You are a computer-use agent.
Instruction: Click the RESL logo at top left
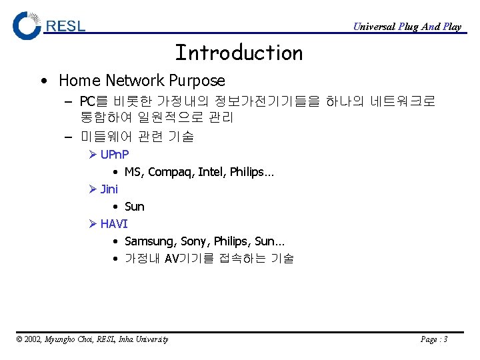coord(49,25)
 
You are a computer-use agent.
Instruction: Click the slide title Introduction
coord(239,53)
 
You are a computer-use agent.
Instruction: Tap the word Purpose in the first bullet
coord(197,81)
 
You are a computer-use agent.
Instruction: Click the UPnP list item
coord(115,155)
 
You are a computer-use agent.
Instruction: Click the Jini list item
coord(109,189)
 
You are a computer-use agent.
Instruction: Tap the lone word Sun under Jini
coord(134,207)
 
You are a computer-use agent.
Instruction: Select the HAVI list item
coord(114,224)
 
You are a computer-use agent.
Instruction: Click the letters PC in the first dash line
coord(87,102)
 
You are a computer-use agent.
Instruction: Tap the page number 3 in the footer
coord(445,339)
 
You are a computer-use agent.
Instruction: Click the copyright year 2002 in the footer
coord(33,339)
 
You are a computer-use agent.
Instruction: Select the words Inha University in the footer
coord(143,339)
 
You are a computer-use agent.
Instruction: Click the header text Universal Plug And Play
coord(407,27)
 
